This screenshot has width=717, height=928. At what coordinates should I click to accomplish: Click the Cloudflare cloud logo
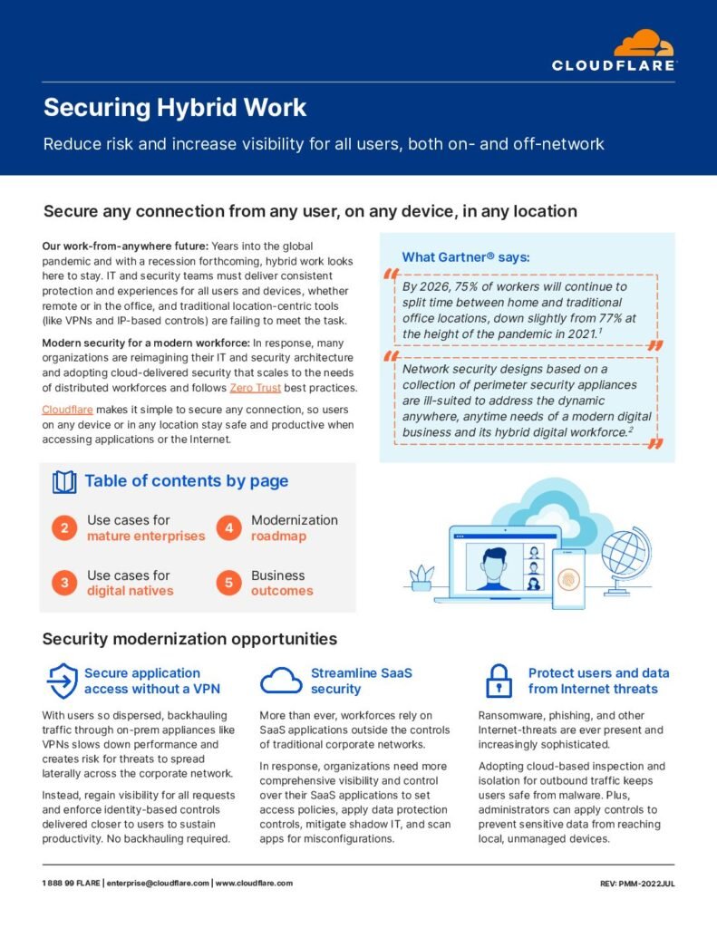[x=644, y=43]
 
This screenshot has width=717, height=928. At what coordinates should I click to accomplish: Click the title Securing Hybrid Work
[x=175, y=108]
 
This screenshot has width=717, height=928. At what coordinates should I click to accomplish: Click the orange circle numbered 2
[x=64, y=528]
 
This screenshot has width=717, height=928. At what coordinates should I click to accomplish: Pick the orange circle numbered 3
[x=64, y=584]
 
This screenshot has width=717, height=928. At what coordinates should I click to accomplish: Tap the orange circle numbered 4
[x=228, y=528]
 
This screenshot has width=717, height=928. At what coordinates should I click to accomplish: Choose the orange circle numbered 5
[x=228, y=584]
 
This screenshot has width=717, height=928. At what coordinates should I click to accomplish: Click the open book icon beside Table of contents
[x=64, y=482]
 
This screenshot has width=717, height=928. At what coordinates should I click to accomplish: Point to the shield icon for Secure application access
[x=62, y=681]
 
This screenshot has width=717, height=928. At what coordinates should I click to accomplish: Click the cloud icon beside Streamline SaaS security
[x=281, y=681]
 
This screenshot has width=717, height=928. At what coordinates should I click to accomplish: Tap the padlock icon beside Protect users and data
[x=499, y=681]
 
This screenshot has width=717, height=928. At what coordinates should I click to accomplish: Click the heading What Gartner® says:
[x=465, y=257]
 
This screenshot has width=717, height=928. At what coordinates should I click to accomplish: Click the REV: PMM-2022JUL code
[x=636, y=883]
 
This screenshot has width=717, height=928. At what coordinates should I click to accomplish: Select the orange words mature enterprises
[x=146, y=536]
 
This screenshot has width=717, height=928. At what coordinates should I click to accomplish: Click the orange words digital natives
[x=130, y=591]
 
